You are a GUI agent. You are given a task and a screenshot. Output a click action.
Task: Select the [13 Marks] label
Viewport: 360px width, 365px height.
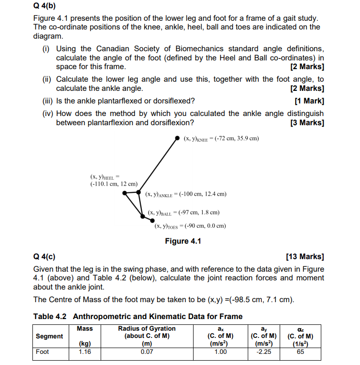(305, 256)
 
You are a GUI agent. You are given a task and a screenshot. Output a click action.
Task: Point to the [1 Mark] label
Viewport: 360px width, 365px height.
(309, 101)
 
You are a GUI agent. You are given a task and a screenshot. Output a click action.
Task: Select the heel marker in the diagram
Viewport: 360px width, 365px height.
(125, 192)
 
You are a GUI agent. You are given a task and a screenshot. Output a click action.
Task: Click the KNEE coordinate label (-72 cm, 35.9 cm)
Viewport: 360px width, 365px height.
(221, 139)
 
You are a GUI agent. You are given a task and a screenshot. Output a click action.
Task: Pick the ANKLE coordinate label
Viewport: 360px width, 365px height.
(186, 194)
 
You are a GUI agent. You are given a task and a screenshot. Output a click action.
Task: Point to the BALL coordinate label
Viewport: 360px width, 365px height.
(184, 212)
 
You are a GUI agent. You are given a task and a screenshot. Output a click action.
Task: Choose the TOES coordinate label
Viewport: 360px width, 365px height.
(190, 226)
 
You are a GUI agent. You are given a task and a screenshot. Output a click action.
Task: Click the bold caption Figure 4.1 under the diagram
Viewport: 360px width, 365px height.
(183, 241)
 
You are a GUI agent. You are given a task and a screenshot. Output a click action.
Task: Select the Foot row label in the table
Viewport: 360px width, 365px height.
(43, 351)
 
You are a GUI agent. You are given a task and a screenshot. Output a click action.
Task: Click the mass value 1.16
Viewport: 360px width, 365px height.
(84, 351)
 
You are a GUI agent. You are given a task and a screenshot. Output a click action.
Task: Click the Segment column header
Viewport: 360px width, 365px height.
(49, 336)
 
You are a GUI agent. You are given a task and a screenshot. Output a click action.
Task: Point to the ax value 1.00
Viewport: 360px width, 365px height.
(220, 351)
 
